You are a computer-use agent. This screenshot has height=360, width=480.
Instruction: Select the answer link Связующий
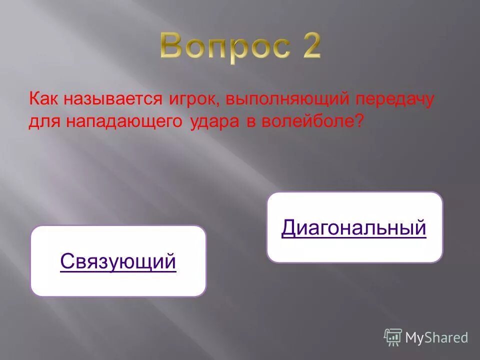(118, 261)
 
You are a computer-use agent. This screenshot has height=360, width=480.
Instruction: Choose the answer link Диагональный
(354, 227)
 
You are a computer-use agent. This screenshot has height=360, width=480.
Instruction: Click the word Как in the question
(43, 98)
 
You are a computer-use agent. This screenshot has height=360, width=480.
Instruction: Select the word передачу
(395, 98)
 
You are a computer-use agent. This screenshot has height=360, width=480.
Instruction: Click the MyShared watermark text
(436, 338)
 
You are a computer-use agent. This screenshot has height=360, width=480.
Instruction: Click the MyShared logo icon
(393, 337)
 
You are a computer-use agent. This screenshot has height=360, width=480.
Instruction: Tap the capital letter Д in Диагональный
(289, 228)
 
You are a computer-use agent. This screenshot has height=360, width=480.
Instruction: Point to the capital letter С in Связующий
(66, 261)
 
